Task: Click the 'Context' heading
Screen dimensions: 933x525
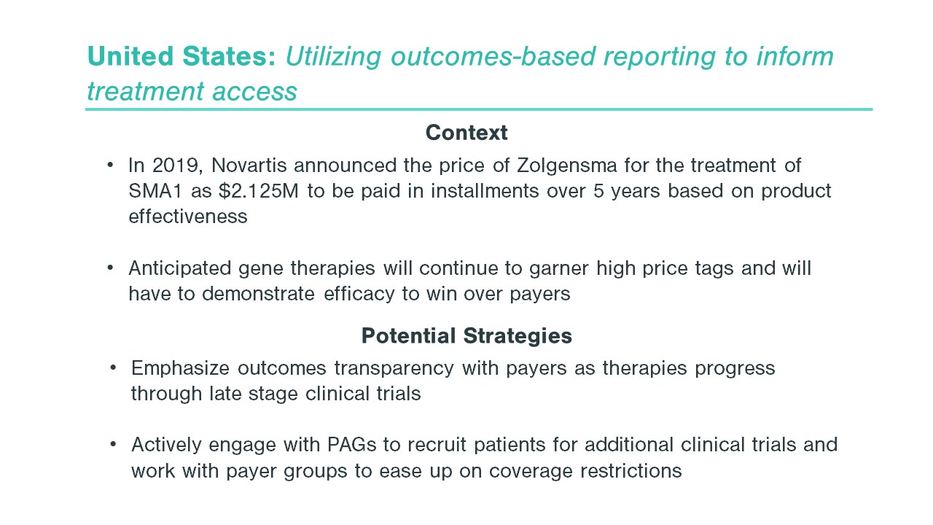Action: pyautogui.click(x=466, y=133)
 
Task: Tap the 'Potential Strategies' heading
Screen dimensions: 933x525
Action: pyautogui.click(x=466, y=336)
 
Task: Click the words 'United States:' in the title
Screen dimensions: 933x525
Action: pyautogui.click(x=181, y=56)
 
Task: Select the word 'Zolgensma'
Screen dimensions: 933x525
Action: pyautogui.click(x=566, y=166)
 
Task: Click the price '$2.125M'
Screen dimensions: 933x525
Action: pyautogui.click(x=259, y=191)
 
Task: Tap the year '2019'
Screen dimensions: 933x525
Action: pyautogui.click(x=177, y=166)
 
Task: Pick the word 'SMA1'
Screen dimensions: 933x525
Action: pyautogui.click(x=155, y=191)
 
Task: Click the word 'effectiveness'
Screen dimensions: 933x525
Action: pyautogui.click(x=188, y=217)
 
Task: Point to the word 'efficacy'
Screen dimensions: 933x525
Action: pyautogui.click(x=359, y=295)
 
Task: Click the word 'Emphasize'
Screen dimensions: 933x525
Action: pyautogui.click(x=180, y=369)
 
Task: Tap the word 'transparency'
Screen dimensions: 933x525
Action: pyautogui.click(x=394, y=369)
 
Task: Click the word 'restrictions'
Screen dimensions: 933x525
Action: pyautogui.click(x=631, y=471)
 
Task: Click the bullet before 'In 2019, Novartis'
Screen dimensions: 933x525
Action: pyautogui.click(x=110, y=166)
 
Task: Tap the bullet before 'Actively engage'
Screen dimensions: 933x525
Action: pyautogui.click(x=113, y=445)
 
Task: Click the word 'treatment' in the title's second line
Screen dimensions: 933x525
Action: pyautogui.click(x=146, y=92)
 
